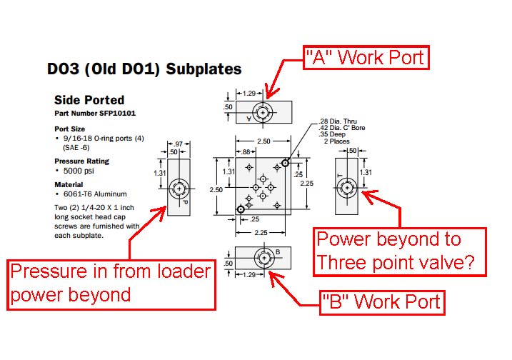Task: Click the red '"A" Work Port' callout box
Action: coord(366,57)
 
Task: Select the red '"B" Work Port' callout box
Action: coord(382,302)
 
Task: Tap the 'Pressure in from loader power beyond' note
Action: coord(111,283)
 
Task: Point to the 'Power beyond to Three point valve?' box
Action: coord(399,251)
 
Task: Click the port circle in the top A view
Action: coord(263,113)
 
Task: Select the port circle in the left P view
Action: coord(178,190)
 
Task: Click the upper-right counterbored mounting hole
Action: coord(285,163)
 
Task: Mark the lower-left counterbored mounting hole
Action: coord(242,208)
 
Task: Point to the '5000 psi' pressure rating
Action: coord(79,171)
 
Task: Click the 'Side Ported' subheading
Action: coord(89,100)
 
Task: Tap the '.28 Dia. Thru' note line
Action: coord(328,121)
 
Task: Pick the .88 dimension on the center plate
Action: coord(246,151)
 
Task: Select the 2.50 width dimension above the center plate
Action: coord(263,141)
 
